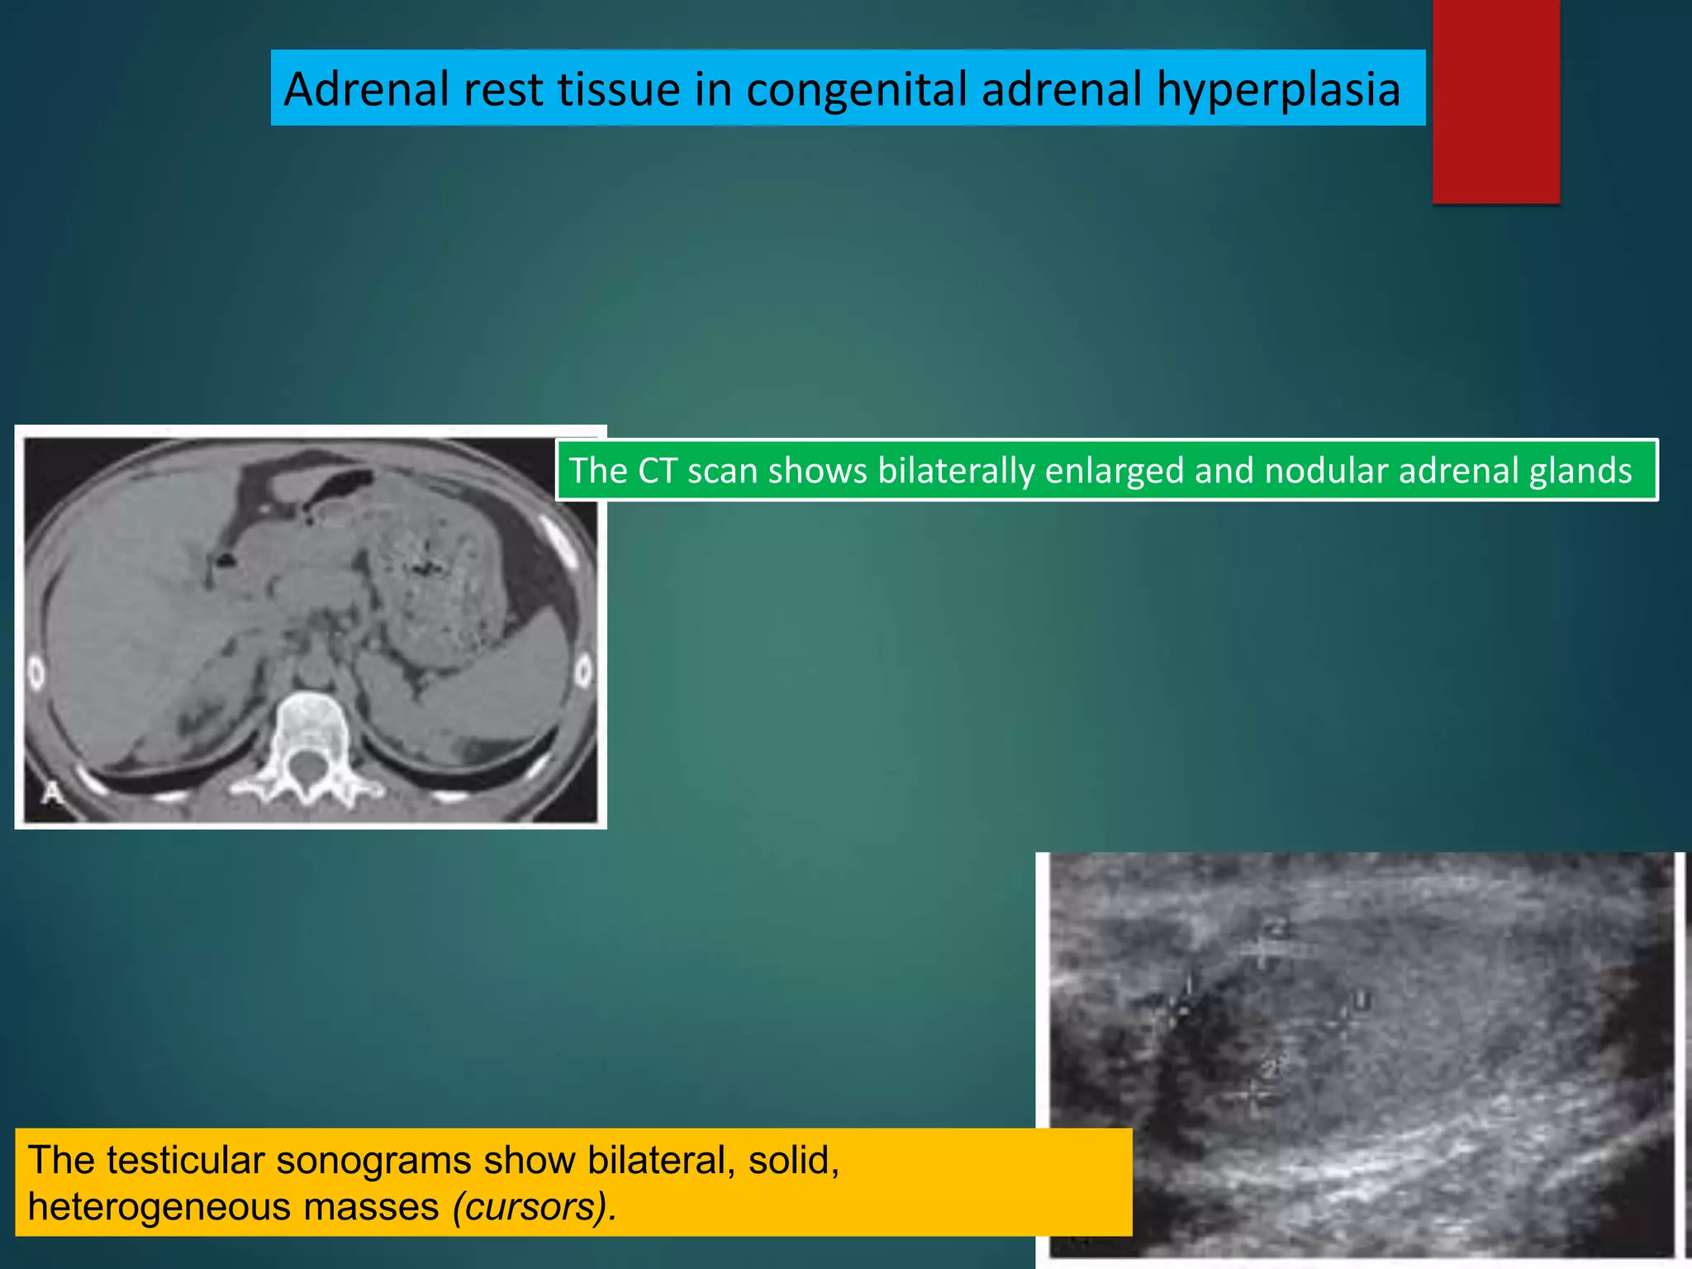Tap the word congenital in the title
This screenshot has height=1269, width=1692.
tap(856, 89)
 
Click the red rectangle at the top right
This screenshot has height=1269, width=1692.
tap(1495, 101)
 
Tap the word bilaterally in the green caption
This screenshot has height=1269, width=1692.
tap(954, 471)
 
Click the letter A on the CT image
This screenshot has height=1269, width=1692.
tap(51, 793)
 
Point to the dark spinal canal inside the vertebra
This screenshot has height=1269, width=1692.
tap(307, 768)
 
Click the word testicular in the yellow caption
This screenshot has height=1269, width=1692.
tap(183, 1160)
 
